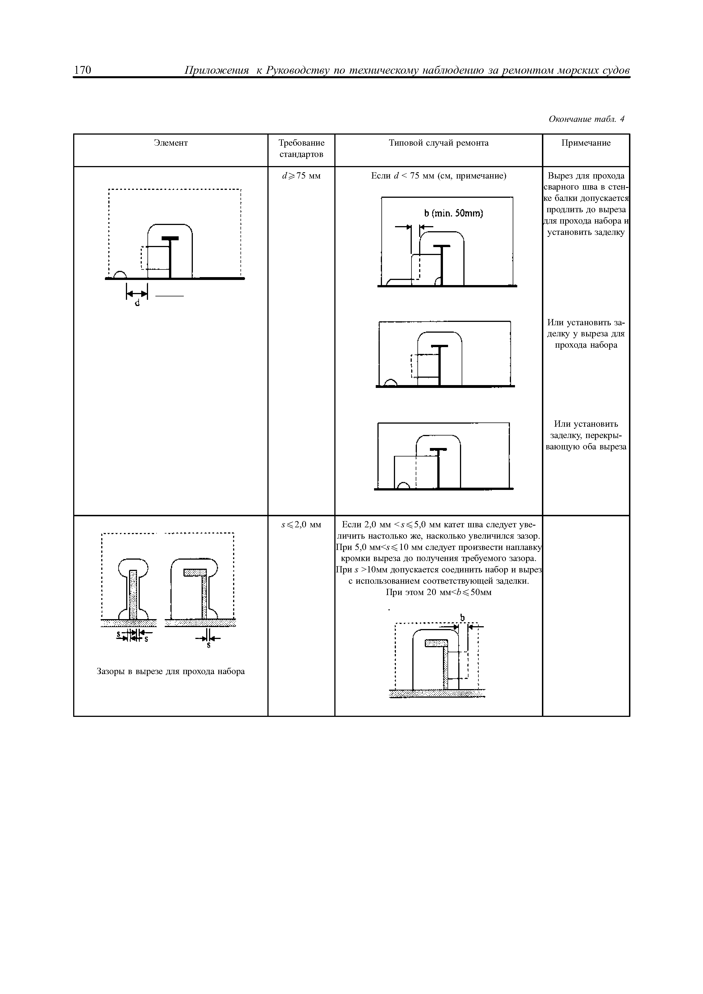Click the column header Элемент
171,143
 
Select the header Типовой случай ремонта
438,143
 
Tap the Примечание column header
586,143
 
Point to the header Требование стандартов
301,148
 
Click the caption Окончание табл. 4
586,119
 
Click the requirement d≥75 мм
301,176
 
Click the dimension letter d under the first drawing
137,303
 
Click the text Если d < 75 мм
438,176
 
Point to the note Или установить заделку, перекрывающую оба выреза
586,435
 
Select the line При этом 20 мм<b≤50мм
438,592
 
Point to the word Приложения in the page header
217,70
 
